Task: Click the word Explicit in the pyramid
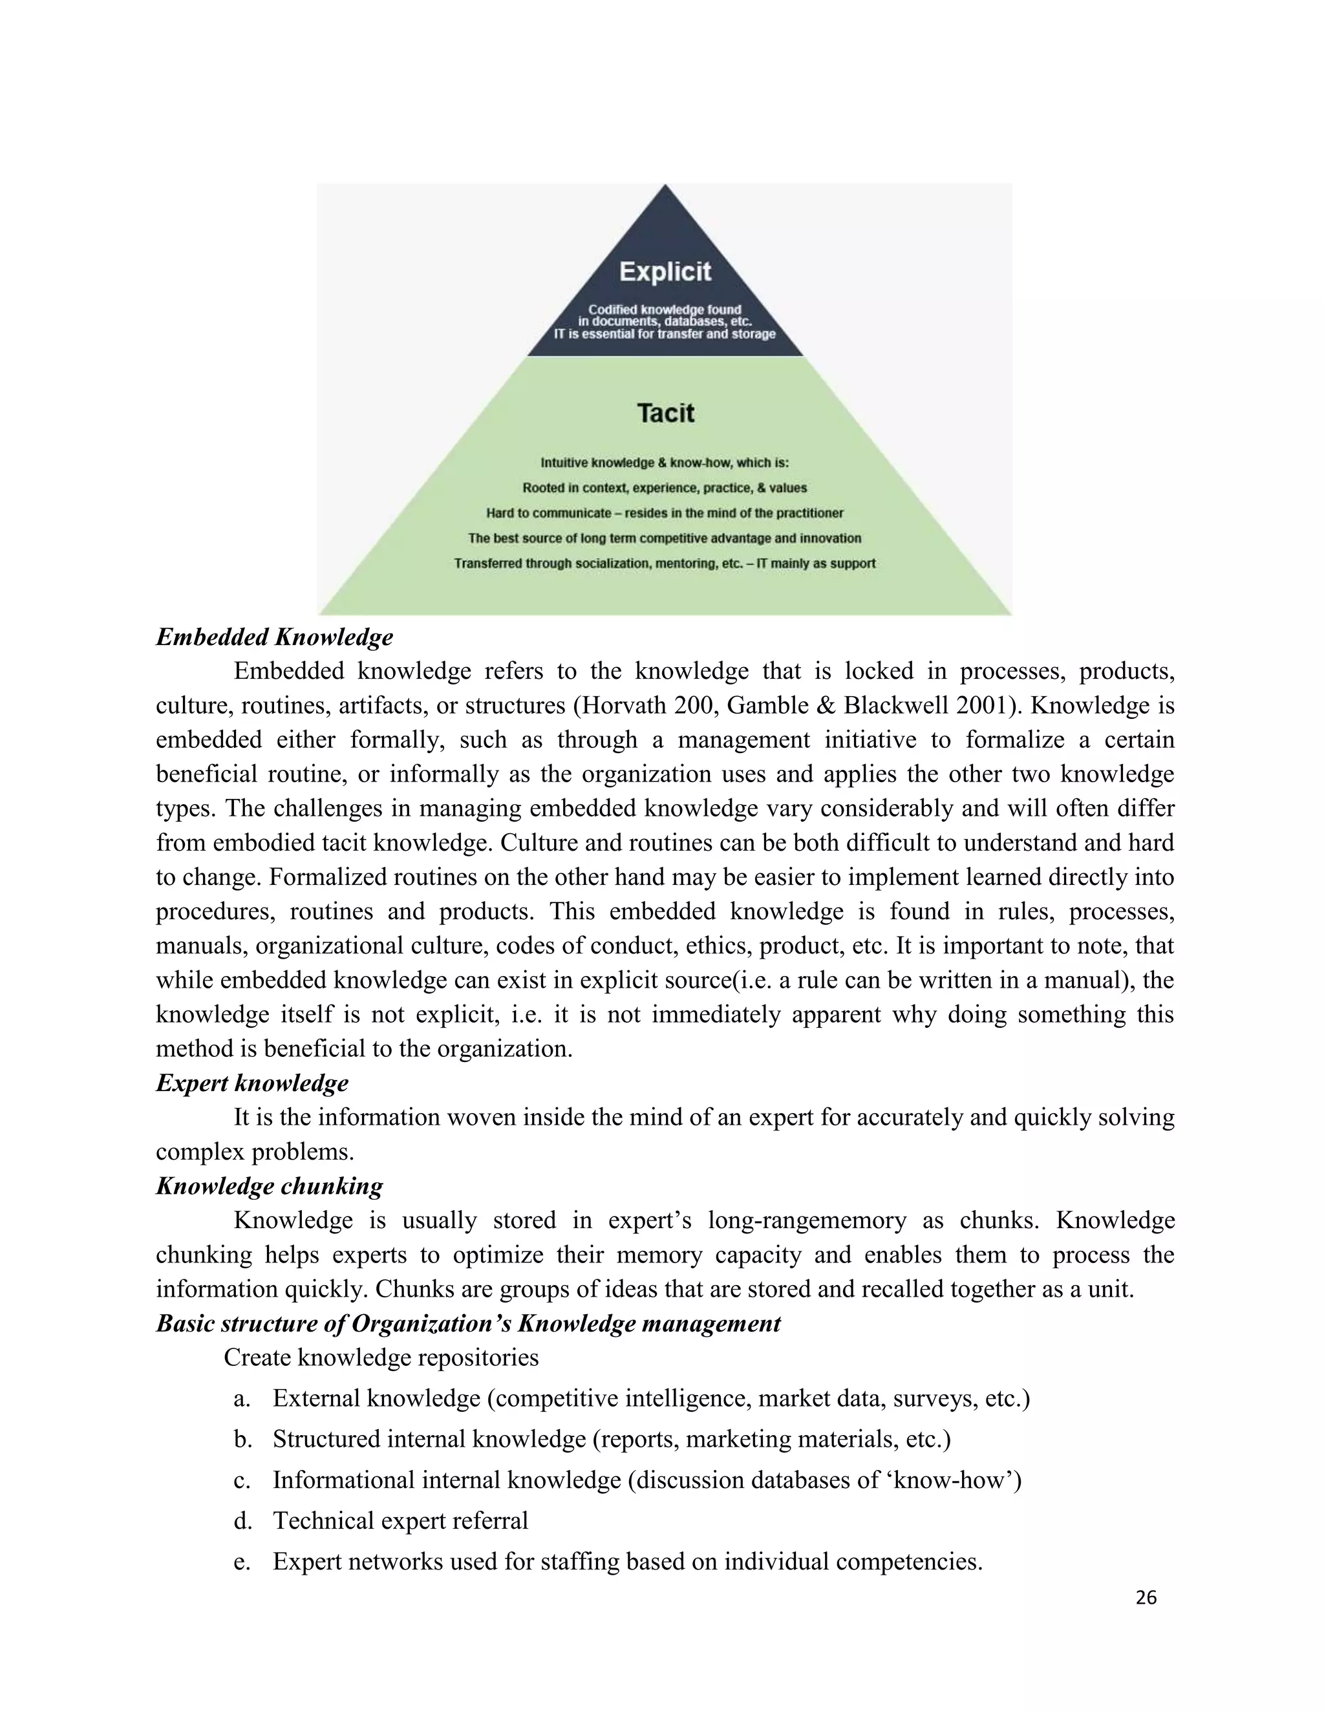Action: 665,272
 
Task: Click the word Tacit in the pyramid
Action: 665,412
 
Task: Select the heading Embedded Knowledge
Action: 275,637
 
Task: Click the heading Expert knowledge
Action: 251,1083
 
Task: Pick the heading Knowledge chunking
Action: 269,1186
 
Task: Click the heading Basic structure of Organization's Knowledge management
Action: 468,1324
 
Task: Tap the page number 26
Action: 1146,1598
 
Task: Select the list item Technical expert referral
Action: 400,1521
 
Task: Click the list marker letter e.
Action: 242,1562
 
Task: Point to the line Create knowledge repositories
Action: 381,1357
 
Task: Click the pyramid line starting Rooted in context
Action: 665,488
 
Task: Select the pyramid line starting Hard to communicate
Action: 665,513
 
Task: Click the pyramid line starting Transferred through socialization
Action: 665,563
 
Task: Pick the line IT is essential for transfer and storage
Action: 665,334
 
